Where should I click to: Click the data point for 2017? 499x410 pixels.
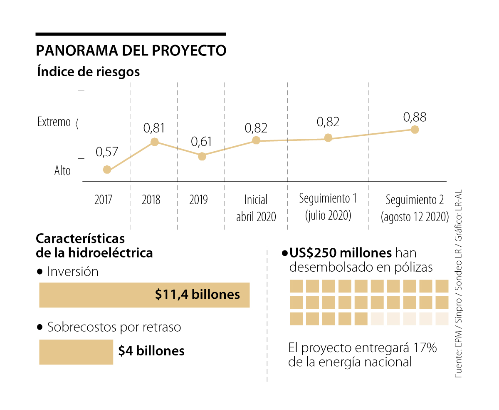107,170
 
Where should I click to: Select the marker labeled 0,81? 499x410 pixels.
154,142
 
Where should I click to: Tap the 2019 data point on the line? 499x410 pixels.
202,156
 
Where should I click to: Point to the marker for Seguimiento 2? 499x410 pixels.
414,130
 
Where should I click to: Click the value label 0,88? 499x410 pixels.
415,117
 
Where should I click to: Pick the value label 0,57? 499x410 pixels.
107,152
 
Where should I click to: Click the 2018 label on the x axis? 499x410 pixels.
151,200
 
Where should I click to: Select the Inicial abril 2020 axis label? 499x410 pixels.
256,208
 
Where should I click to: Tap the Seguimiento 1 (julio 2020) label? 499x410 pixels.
328,207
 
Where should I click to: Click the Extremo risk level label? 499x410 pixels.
54,122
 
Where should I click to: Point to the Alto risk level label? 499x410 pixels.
62,171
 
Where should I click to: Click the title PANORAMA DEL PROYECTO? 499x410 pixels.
131,50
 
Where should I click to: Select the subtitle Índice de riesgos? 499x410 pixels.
88,72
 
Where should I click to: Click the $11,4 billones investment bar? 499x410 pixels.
144,295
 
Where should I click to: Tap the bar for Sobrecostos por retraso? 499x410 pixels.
76,352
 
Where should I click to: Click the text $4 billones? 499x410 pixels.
151,351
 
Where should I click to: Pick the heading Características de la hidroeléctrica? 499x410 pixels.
94,245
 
